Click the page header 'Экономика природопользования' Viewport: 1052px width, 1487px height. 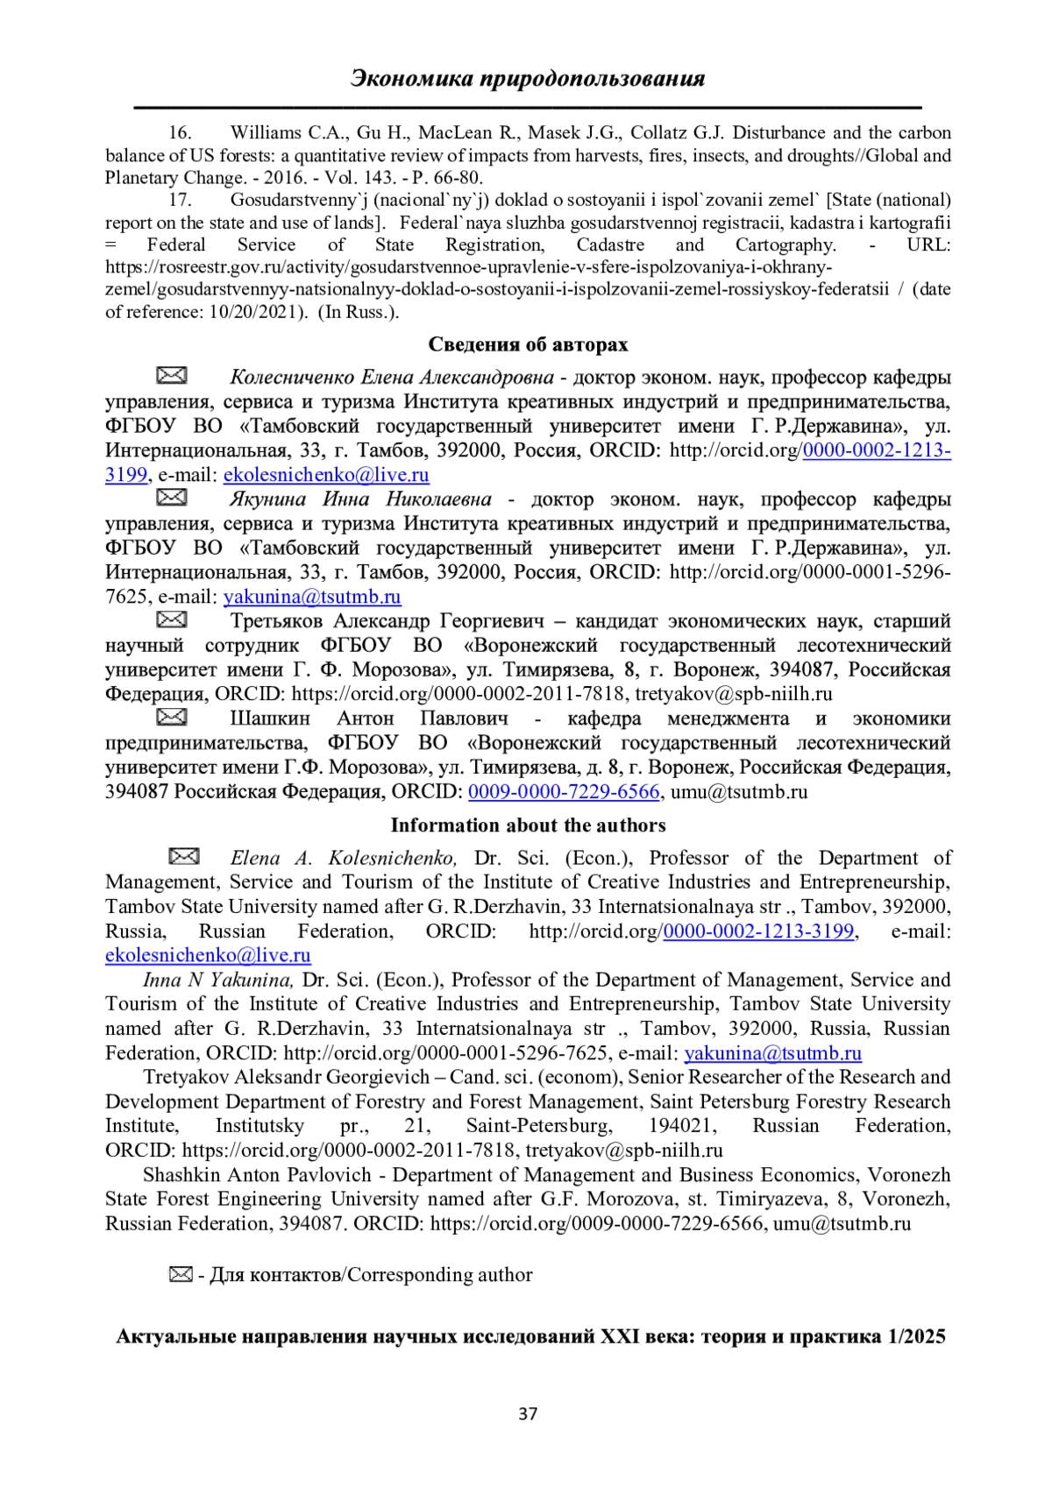click(x=527, y=79)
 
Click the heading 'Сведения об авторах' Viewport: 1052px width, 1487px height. click(x=528, y=344)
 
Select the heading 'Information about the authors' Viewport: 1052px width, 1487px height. click(x=528, y=825)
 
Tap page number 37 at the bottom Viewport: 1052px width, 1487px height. click(x=528, y=1413)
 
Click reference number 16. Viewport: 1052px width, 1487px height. click(x=180, y=133)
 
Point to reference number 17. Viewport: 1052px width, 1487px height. click(x=180, y=200)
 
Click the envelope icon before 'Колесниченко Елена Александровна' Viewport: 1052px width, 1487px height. click(x=172, y=376)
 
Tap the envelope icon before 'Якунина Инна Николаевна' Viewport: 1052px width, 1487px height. click(x=172, y=498)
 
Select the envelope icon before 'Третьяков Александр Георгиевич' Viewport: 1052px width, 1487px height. click(x=172, y=620)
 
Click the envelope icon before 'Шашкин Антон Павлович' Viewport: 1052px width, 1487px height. click(x=172, y=717)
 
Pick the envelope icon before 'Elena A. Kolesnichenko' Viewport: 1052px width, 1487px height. click(x=184, y=856)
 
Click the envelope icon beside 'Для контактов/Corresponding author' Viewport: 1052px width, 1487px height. click(x=181, y=1274)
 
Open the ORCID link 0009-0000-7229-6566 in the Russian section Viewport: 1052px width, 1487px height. click(x=563, y=792)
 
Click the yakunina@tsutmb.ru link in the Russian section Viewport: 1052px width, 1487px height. click(x=312, y=598)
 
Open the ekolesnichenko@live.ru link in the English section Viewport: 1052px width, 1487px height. click(x=208, y=955)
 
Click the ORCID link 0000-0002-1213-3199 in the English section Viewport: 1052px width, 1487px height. click(x=758, y=931)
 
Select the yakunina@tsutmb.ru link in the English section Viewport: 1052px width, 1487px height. click(x=772, y=1053)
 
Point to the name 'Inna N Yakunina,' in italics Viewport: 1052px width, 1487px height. click(x=218, y=980)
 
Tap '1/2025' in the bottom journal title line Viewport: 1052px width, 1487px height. click(x=916, y=1337)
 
